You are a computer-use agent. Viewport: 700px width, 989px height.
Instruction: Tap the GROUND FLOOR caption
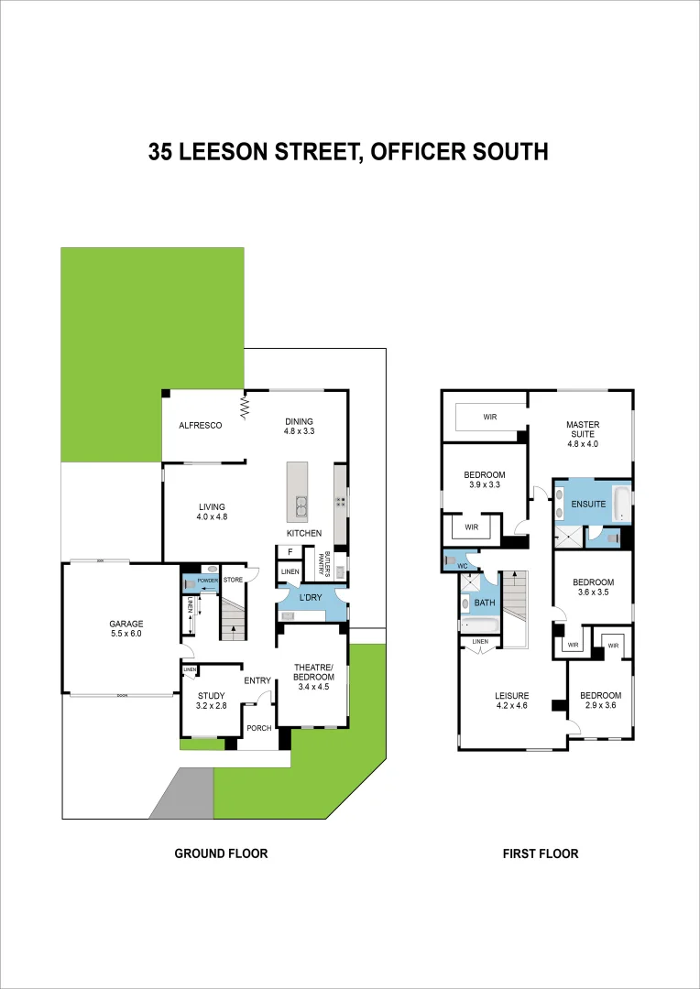pos(221,853)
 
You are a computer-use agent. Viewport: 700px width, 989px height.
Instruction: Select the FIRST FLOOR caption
pos(541,853)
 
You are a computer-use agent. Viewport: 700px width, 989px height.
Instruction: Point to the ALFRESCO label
pos(201,426)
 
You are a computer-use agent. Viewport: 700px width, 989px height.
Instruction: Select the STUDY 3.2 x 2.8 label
pos(212,701)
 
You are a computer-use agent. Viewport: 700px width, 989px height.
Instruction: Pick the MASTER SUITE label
pos(582,430)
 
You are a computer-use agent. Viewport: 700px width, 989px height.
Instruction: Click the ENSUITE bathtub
pos(621,504)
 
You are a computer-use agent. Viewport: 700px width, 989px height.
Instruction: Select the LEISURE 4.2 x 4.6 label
pos(513,701)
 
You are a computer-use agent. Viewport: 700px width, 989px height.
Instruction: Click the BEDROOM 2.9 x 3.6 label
pos(600,701)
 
